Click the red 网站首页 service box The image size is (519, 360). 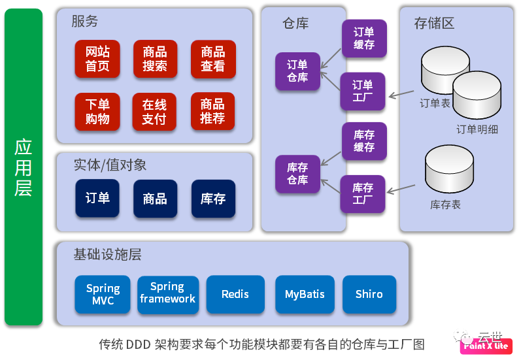point(97,59)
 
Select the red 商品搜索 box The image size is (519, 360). point(155,59)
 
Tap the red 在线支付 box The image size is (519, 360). point(155,112)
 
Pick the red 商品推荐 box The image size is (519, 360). point(212,112)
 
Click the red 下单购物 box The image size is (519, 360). point(97,112)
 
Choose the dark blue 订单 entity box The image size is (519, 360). point(97,198)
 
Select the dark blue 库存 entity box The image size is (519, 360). point(212,198)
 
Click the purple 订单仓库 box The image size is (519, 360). point(297,71)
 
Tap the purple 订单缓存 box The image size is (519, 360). point(364,39)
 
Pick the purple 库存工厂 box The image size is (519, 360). point(363,193)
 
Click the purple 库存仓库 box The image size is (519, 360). point(297,174)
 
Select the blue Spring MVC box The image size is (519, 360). point(103,294)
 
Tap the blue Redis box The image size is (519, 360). point(235,294)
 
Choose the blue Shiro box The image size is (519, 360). point(369,294)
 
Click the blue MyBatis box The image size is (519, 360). point(305,294)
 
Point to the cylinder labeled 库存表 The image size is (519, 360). point(450,169)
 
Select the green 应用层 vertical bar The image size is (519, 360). point(24,167)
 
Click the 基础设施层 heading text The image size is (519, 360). point(107,255)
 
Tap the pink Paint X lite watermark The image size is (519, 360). point(485,346)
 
